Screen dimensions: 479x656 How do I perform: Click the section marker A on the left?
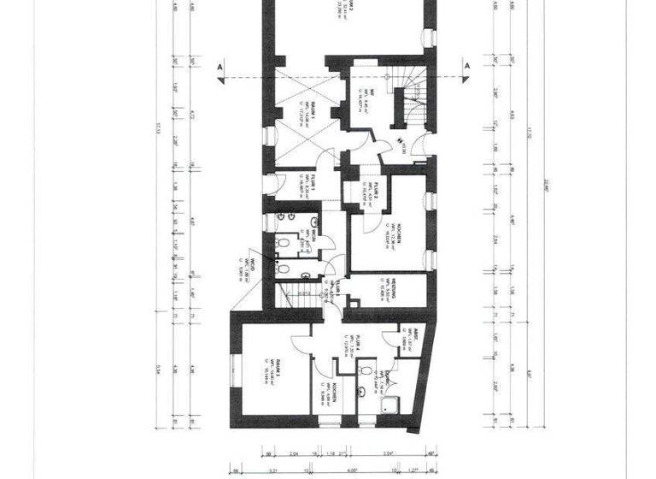coord(220,67)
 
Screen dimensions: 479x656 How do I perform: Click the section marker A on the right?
coord(467,67)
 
